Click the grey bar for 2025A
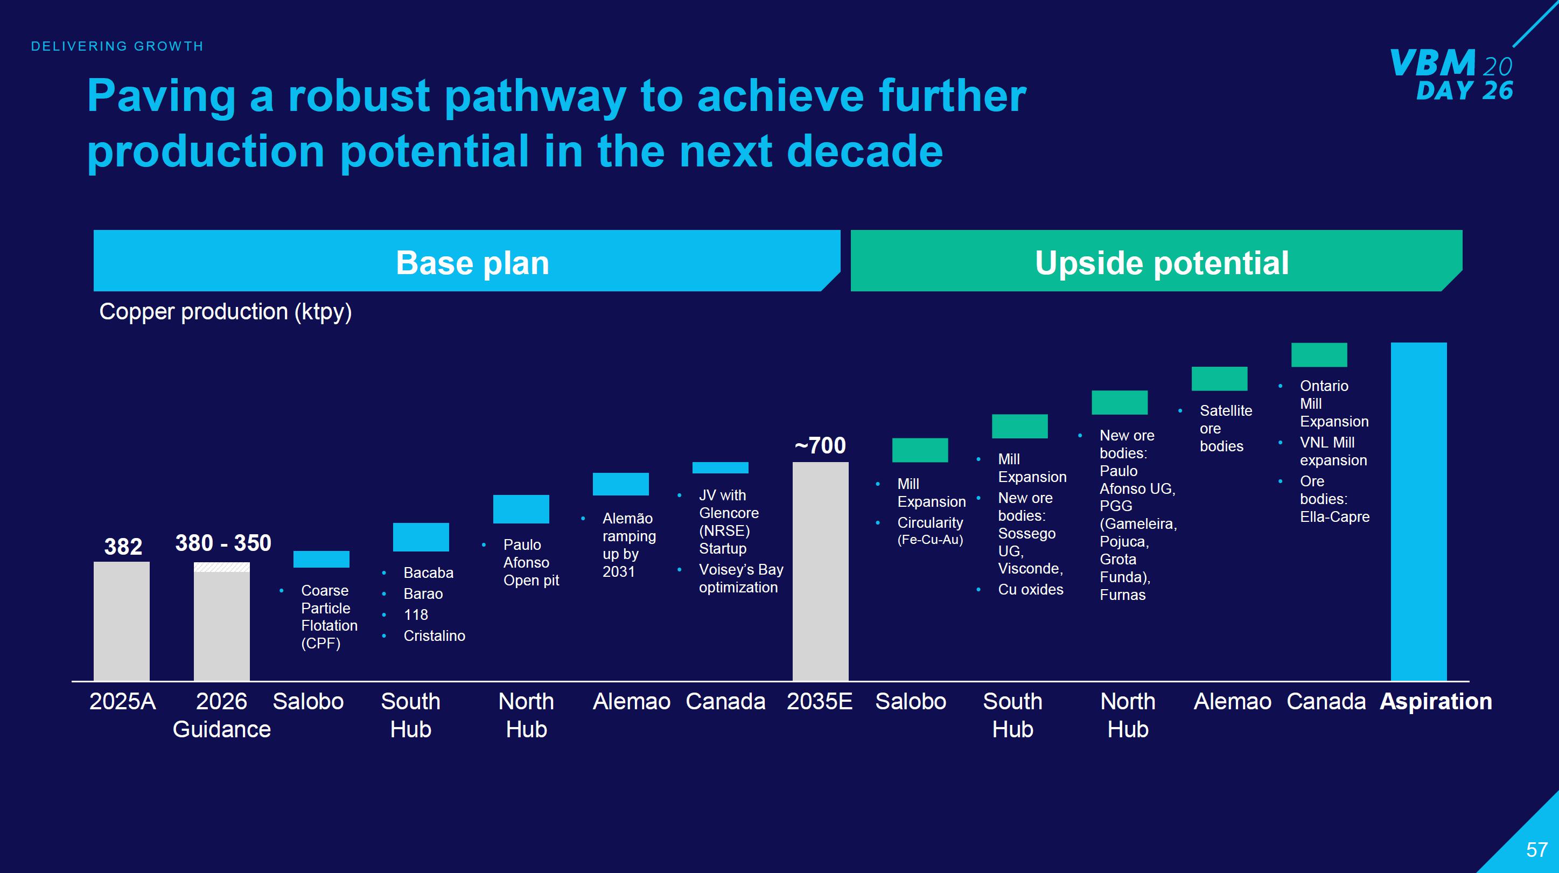point(122,621)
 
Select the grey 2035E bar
point(821,571)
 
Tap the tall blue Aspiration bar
point(1418,512)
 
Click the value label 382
point(123,547)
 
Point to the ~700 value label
point(820,445)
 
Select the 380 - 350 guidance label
point(223,543)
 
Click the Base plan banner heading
point(472,263)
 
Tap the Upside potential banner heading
point(1162,263)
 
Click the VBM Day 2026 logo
point(1452,74)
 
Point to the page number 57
point(1536,850)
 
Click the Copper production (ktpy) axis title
point(225,312)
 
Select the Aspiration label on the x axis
point(1436,701)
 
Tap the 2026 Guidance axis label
point(221,715)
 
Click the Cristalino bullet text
point(434,635)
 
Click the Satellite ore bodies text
point(1226,428)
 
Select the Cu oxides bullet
point(1030,589)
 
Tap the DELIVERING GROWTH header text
point(117,46)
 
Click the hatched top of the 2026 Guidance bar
point(221,567)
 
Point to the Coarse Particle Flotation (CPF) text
point(329,616)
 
